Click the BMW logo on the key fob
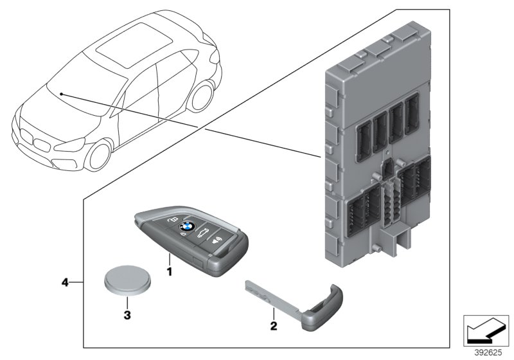(186, 226)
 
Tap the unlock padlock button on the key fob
(172, 221)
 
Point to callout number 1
(170, 273)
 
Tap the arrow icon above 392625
(486, 330)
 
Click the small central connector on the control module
(389, 168)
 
